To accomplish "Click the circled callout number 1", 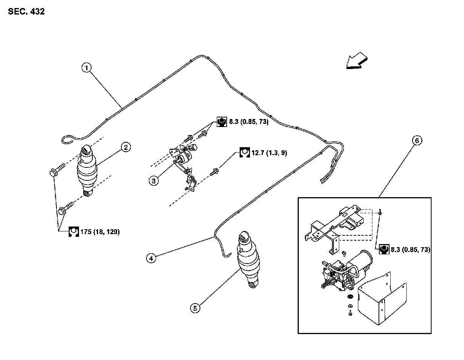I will pos(87,68).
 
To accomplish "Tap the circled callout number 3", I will pos(153,180).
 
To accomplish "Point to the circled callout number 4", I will pos(151,258).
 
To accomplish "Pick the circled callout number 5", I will pos(195,308).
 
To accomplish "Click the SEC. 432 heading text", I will pos(26,12).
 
